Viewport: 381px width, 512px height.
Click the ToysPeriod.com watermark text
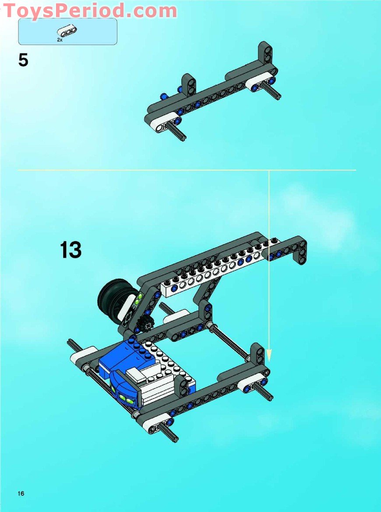click(x=90, y=11)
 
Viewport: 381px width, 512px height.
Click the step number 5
click(x=23, y=60)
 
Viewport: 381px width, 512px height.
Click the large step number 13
click(x=71, y=250)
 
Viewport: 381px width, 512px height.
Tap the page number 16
click(x=21, y=494)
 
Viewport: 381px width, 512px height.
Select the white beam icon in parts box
click(x=67, y=31)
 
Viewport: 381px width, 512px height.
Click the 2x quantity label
click(x=60, y=39)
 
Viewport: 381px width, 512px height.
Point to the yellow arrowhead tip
click(x=269, y=359)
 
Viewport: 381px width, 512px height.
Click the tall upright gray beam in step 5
click(x=265, y=57)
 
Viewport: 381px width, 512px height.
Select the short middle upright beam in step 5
click(x=189, y=85)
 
